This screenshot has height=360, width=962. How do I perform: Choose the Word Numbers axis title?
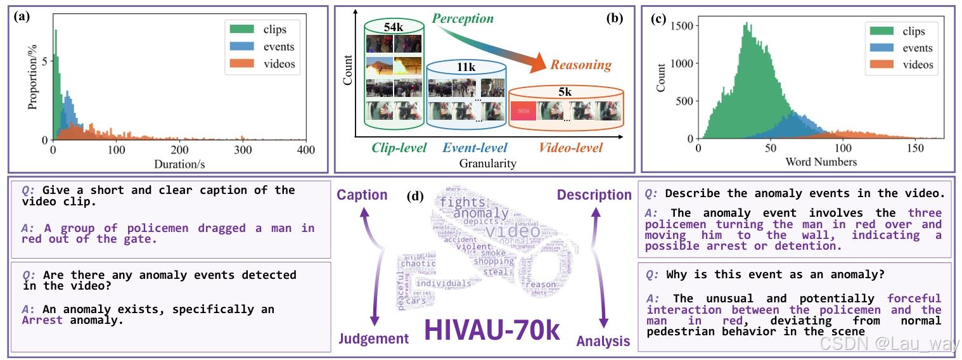point(821,162)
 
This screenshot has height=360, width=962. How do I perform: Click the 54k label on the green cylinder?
point(393,26)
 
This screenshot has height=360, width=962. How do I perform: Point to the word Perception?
point(463,18)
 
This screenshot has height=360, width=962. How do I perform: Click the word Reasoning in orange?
point(580,65)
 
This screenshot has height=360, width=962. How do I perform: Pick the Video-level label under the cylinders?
point(570,148)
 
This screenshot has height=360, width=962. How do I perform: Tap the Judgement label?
point(373,338)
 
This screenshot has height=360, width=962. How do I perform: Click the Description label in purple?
point(594,195)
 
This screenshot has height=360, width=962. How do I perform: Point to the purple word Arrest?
point(41,320)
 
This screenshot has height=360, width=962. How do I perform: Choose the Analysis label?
point(603,342)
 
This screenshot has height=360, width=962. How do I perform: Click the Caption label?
point(362,195)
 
